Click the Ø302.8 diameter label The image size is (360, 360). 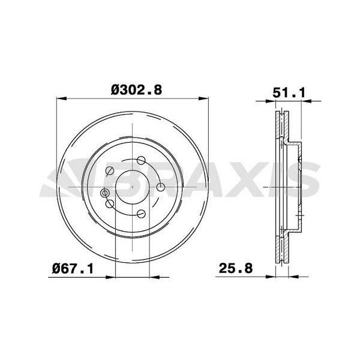click(x=137, y=90)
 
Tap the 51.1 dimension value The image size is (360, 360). click(x=289, y=93)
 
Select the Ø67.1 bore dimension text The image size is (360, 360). click(x=73, y=268)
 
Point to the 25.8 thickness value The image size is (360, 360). click(x=236, y=268)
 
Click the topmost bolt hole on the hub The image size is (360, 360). click(x=141, y=160)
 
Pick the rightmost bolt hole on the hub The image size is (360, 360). click(x=160, y=187)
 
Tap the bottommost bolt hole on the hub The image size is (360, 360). click(x=141, y=214)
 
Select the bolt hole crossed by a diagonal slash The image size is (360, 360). click(x=110, y=170)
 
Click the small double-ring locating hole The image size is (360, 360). click(x=104, y=193)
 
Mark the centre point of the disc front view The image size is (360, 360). click(x=133, y=187)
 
